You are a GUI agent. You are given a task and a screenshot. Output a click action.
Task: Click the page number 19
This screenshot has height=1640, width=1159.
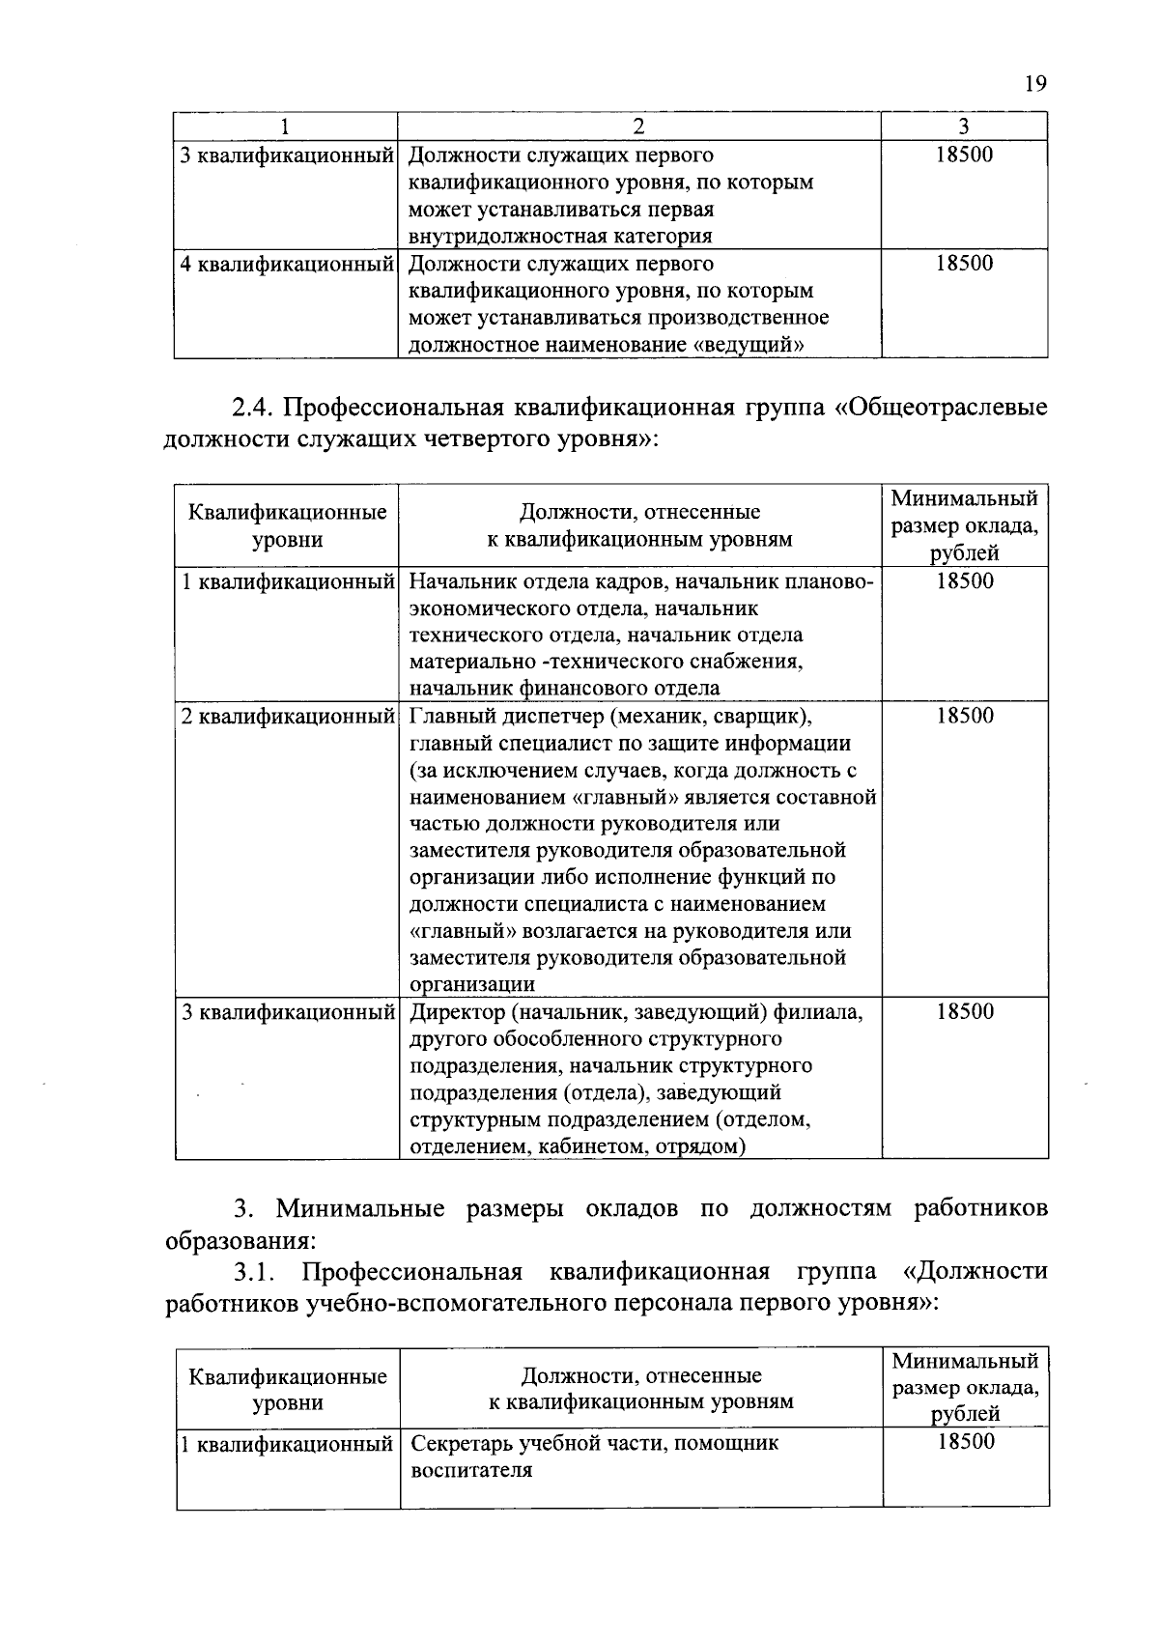(1034, 85)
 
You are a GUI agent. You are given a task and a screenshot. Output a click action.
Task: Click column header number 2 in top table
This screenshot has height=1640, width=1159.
(638, 127)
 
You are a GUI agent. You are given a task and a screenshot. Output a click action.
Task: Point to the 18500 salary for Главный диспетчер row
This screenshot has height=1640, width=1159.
(964, 716)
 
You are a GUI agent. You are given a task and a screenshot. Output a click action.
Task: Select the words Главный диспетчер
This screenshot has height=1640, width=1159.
(506, 717)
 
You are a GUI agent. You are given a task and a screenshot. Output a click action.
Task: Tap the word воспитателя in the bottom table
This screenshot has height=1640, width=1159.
(471, 1471)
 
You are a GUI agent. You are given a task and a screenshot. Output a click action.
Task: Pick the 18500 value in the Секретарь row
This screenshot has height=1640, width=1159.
(965, 1442)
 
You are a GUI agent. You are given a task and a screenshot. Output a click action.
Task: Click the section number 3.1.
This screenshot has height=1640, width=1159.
(254, 1271)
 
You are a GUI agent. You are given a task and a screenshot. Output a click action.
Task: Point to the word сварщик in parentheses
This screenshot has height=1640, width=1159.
(762, 717)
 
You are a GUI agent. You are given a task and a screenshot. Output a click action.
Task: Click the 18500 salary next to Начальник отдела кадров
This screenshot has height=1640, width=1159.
(964, 581)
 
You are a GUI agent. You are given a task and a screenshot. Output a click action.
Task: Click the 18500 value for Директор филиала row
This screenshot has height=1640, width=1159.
(964, 1012)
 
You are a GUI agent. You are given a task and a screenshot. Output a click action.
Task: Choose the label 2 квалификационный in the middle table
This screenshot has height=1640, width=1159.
(287, 717)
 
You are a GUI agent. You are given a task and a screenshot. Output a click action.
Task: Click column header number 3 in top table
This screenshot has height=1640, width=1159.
(964, 127)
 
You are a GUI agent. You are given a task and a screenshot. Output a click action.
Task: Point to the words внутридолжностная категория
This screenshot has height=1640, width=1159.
(560, 237)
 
